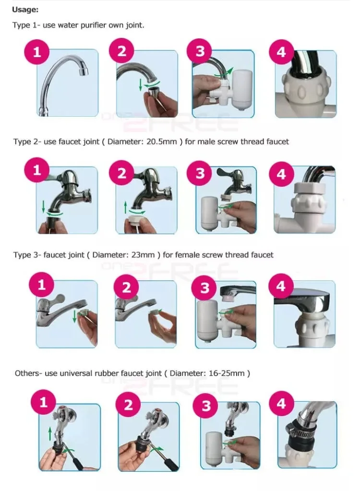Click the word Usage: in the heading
(x=25, y=10)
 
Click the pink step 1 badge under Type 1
(x=37, y=52)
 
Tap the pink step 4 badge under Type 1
(x=281, y=52)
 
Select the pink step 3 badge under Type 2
(x=200, y=173)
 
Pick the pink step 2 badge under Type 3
(x=126, y=287)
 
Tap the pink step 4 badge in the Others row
(x=281, y=404)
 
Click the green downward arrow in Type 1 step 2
(x=141, y=85)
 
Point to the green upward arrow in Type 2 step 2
(x=126, y=207)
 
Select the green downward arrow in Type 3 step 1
(x=74, y=316)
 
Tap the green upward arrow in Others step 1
(x=50, y=434)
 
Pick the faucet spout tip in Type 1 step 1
(x=84, y=72)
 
